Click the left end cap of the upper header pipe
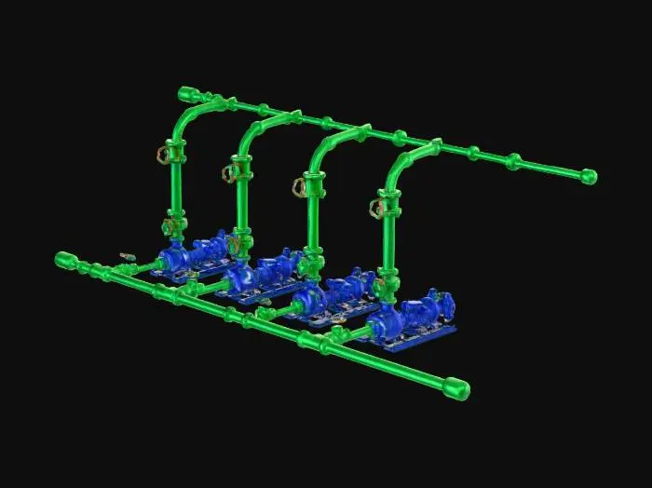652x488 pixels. [186, 93]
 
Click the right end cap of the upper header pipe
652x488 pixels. [588, 176]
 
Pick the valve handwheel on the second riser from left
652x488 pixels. [229, 172]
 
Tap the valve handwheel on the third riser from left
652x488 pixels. [300, 188]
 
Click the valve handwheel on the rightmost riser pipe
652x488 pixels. [377, 207]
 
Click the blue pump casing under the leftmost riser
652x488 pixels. [171, 257]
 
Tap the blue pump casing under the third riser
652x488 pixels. [308, 299]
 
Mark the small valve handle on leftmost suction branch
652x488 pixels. [126, 253]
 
